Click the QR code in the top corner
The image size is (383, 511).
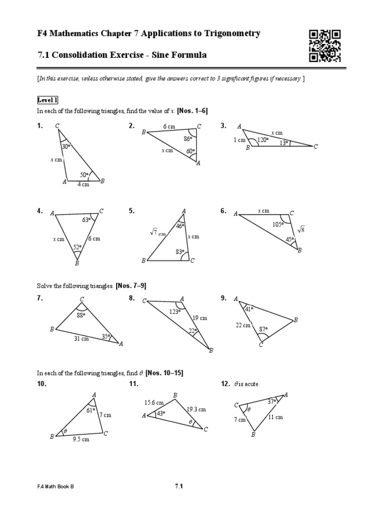pyautogui.click(x=325, y=46)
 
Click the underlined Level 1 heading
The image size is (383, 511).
pyautogui.click(x=48, y=100)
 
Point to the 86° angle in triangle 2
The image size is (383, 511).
pyautogui.click(x=188, y=138)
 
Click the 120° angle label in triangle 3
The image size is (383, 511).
pyautogui.click(x=263, y=140)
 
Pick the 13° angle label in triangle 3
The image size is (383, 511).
pyautogui.click(x=284, y=143)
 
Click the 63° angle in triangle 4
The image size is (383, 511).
pyautogui.click(x=86, y=220)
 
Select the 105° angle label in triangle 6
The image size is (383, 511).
pyautogui.click(x=277, y=224)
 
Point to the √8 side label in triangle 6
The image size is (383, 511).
pyautogui.click(x=301, y=230)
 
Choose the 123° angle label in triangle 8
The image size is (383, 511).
pyautogui.click(x=174, y=312)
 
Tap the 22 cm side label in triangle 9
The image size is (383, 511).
pyautogui.click(x=243, y=325)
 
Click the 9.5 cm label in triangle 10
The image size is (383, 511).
pyautogui.click(x=81, y=439)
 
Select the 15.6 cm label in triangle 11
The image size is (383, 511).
pyautogui.click(x=154, y=403)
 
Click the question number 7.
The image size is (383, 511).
pyautogui.click(x=40, y=298)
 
